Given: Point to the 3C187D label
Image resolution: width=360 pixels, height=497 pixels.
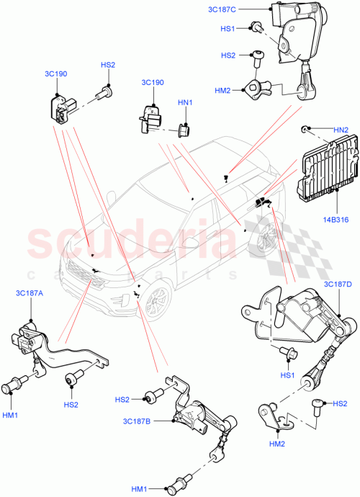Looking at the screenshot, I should click(337, 286).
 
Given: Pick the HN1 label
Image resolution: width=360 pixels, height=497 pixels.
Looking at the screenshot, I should click(186, 103).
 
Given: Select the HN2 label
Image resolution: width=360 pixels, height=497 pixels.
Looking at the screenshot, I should click(341, 129).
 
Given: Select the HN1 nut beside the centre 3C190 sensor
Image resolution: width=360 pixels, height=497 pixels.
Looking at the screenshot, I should click(184, 130).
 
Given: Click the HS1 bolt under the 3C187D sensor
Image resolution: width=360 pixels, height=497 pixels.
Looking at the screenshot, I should click(288, 353).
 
